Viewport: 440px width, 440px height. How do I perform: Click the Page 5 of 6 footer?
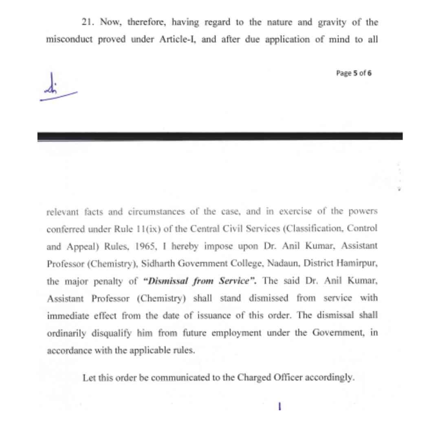coord(354,73)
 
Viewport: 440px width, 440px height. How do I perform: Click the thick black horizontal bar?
coord(220,136)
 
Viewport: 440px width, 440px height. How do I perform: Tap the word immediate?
coord(66,316)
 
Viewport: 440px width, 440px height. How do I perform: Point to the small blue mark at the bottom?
coord(279,406)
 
